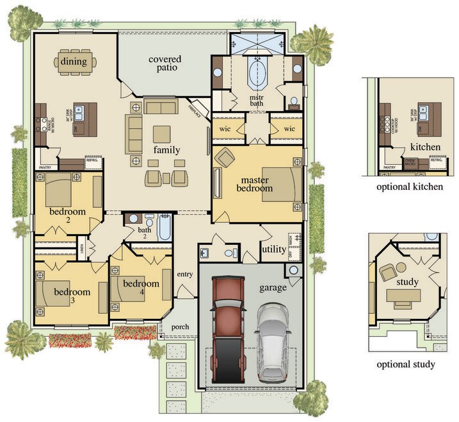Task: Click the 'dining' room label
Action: (x=74, y=62)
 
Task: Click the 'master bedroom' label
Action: (x=257, y=183)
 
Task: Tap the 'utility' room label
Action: (x=274, y=249)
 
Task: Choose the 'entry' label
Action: (x=185, y=274)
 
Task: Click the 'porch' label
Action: (x=181, y=326)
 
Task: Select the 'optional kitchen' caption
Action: (x=410, y=187)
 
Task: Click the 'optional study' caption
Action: (x=405, y=364)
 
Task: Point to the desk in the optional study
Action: (x=403, y=296)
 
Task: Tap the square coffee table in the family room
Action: (x=162, y=133)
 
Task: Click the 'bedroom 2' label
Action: (x=68, y=215)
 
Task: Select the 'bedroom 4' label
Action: (x=141, y=287)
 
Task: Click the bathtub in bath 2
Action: (x=165, y=227)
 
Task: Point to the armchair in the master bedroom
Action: (x=225, y=156)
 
